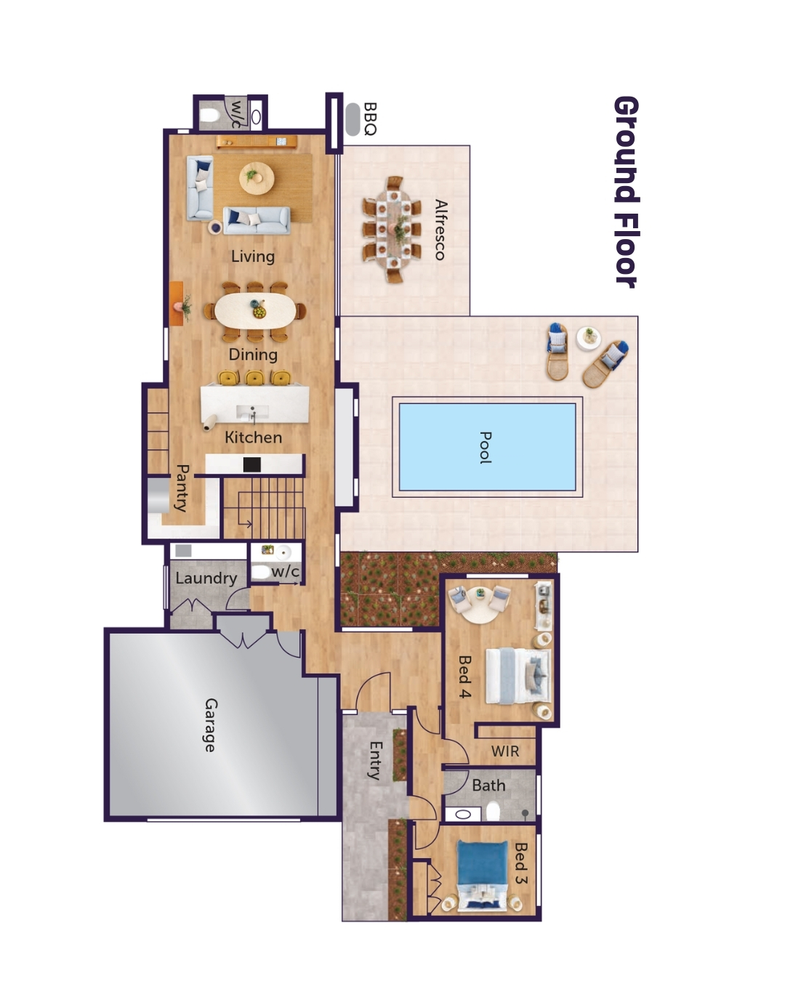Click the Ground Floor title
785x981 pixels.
[x=626, y=192]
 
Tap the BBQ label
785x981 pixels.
[x=370, y=119]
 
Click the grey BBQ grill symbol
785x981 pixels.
[x=353, y=119]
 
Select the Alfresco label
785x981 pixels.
[x=440, y=230]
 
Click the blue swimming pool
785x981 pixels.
[x=487, y=447]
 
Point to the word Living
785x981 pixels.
[x=253, y=257]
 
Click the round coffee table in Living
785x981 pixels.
[x=257, y=177]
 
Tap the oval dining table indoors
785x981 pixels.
[x=254, y=312]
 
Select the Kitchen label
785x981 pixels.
[x=253, y=437]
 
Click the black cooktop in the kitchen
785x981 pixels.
[x=251, y=464]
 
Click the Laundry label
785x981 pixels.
[x=206, y=578]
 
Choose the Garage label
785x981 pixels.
[x=210, y=724]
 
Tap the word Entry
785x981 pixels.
[x=375, y=760]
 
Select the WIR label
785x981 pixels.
[x=505, y=751]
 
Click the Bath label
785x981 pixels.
[x=488, y=786]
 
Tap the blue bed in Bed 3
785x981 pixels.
[x=483, y=875]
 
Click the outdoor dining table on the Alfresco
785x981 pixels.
[x=393, y=230]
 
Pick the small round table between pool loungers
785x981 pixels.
[x=588, y=337]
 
